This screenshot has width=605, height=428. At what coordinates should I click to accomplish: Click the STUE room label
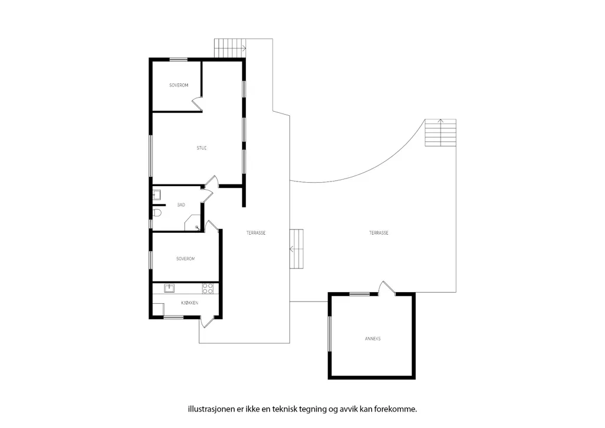pyautogui.click(x=202, y=148)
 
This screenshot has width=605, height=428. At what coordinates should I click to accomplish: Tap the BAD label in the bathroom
pyautogui.click(x=181, y=205)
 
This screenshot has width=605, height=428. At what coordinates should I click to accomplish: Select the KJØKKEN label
pyautogui.click(x=190, y=303)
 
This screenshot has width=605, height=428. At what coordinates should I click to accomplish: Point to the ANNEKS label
pyautogui.click(x=373, y=339)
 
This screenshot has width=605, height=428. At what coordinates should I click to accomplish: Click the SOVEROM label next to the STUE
pyautogui.click(x=179, y=85)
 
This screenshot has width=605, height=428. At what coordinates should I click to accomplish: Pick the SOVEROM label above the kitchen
pyautogui.click(x=186, y=259)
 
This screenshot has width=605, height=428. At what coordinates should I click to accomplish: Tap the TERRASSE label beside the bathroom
pyautogui.click(x=256, y=233)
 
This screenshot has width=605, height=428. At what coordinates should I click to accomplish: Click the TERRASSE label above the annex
pyautogui.click(x=379, y=233)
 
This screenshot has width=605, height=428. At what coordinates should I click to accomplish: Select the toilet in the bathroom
pyautogui.click(x=157, y=212)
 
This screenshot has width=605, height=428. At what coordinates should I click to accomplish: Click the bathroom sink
pyautogui.click(x=157, y=194)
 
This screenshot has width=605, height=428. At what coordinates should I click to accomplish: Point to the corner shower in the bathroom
pyautogui.click(x=193, y=223)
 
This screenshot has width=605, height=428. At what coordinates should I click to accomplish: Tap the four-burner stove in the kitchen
pyautogui.click(x=208, y=289)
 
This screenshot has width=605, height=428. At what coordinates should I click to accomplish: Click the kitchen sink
pyautogui.click(x=169, y=288)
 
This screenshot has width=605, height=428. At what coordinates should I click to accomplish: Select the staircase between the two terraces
pyautogui.click(x=296, y=249)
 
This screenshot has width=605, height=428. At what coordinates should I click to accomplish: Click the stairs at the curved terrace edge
pyautogui.click(x=441, y=132)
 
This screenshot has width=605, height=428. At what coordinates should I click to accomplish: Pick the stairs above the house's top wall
pyautogui.click(x=230, y=48)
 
